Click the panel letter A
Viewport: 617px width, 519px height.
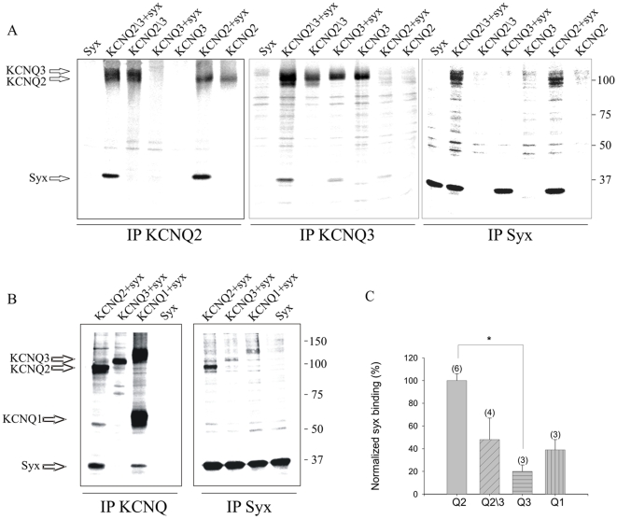pos(11,30)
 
